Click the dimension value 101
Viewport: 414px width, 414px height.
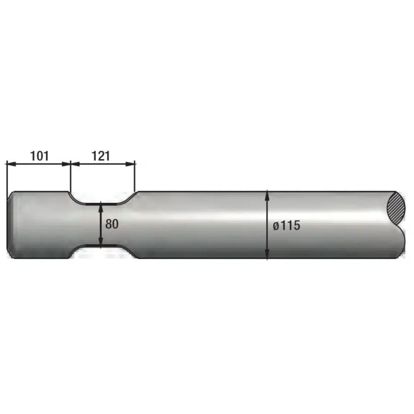pos(40,156)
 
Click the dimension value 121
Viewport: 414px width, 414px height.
pos(100,156)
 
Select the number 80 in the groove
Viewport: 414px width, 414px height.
pos(112,224)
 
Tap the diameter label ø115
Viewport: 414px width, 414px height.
pos(287,226)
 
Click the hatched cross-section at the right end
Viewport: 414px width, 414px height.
pos(395,209)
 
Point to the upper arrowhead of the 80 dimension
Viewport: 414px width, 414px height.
pos(100,207)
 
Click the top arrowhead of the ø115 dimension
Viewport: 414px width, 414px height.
pos(267,196)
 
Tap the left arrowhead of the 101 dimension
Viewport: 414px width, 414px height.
pos(11,164)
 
